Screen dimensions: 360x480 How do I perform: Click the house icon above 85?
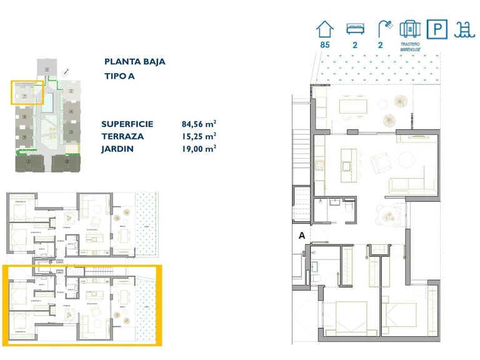324,29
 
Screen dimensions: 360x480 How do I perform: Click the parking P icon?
436,29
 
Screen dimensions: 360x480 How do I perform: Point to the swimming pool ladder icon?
462,29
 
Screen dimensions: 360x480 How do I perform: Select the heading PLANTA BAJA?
134,62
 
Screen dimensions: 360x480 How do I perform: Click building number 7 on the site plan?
24,96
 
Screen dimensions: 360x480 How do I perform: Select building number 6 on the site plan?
24,117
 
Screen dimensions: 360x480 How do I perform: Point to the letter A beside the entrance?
302,236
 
